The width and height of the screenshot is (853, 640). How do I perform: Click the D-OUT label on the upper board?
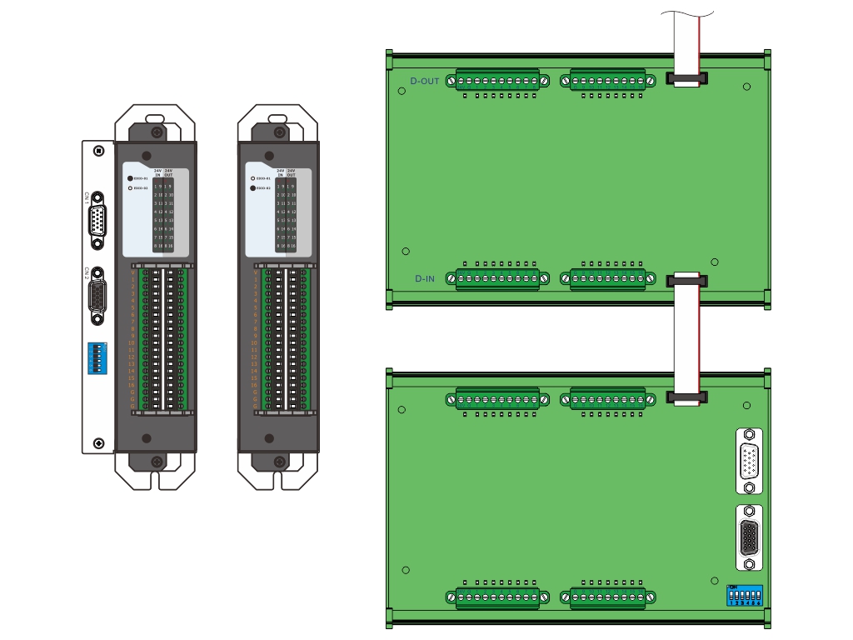click(425, 82)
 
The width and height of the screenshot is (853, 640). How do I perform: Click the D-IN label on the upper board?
click(425, 278)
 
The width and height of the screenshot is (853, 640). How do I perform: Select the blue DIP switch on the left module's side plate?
click(97, 359)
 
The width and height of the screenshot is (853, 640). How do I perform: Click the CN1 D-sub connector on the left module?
click(97, 220)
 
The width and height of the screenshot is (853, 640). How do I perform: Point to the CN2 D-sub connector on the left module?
click(97, 296)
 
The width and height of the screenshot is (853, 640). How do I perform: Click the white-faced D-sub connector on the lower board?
click(749, 461)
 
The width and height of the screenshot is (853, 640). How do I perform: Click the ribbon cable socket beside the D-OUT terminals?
click(686, 79)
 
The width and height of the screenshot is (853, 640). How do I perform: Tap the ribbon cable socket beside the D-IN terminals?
click(686, 280)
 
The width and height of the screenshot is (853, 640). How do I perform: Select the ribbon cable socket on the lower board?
click(686, 398)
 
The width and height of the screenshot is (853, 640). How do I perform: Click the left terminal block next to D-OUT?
click(497, 81)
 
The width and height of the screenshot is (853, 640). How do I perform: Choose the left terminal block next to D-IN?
click(497, 277)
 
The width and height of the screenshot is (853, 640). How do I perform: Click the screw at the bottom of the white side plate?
click(99, 443)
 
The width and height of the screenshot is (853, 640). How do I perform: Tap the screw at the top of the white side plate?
click(99, 151)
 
